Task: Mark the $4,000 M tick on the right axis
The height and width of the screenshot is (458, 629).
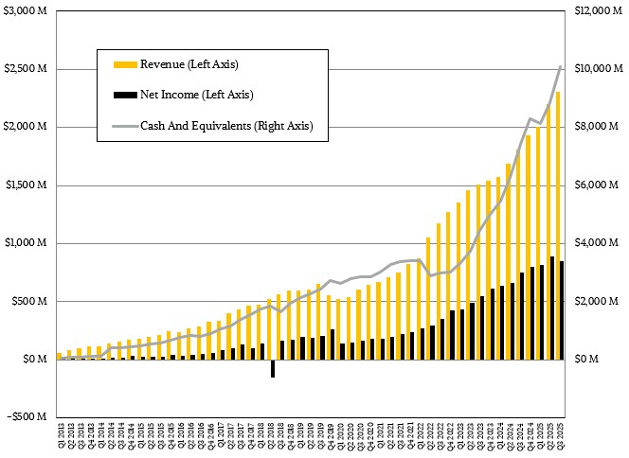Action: pyautogui.click(x=597, y=243)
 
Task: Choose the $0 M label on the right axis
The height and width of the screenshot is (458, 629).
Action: pyautogui.click(x=588, y=360)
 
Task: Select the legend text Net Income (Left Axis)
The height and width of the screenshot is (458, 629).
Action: pyautogui.click(x=196, y=95)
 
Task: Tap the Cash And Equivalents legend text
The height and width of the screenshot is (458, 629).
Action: pyautogui.click(x=226, y=125)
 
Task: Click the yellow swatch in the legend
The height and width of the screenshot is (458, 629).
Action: pyautogui.click(x=124, y=64)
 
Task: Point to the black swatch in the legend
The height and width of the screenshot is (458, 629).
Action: pyautogui.click(x=124, y=95)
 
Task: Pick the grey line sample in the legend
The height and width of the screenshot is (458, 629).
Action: pyautogui.click(x=124, y=125)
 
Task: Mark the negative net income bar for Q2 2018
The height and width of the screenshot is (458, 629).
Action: pyautogui.click(x=273, y=368)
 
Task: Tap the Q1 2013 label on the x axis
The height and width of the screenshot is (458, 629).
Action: pyautogui.click(x=60, y=440)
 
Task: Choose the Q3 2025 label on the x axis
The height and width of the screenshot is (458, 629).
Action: pyautogui.click(x=563, y=440)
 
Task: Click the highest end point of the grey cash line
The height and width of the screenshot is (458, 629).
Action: pyautogui.click(x=561, y=66)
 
